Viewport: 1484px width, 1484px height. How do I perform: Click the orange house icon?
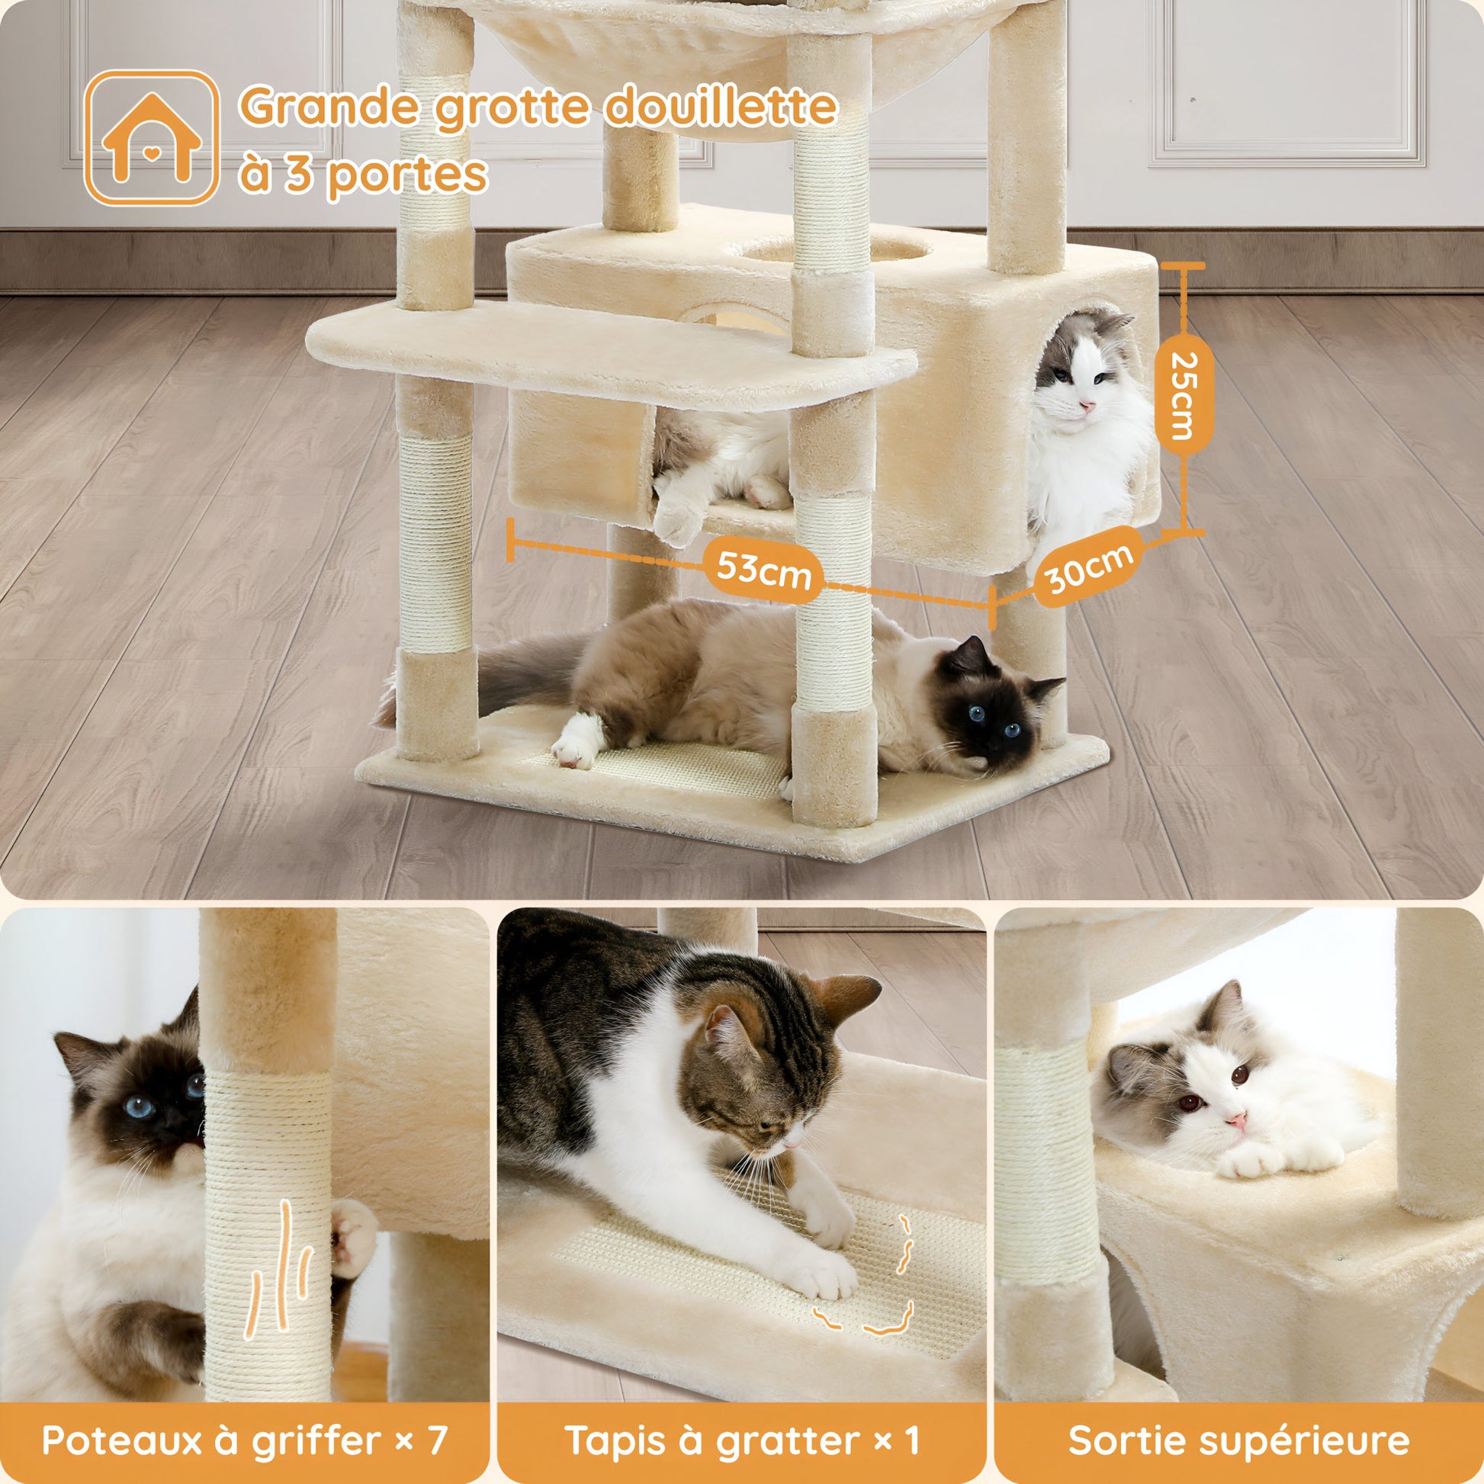[x=151, y=138]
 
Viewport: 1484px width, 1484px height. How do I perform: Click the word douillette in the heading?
[x=721, y=106]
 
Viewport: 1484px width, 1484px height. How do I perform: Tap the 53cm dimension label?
[x=763, y=570]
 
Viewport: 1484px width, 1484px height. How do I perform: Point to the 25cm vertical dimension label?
[x=1184, y=397]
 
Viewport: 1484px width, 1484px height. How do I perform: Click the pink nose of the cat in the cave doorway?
[x=1086, y=405]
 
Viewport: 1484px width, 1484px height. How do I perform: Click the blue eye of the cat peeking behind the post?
[x=140, y=1107]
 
